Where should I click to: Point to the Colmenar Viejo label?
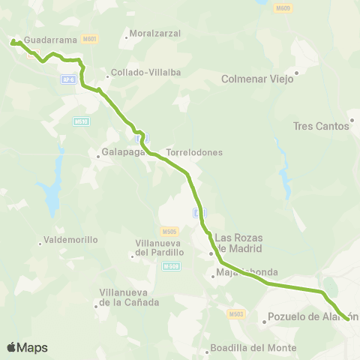click(x=259, y=79)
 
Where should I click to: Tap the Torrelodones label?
click(x=194, y=152)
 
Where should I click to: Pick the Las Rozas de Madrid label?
click(x=238, y=243)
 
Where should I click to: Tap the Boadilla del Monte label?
click(x=255, y=348)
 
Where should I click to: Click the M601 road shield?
click(x=90, y=37)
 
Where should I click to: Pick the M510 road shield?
click(x=81, y=121)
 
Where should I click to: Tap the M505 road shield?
click(x=169, y=231)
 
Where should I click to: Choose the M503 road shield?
click(x=236, y=314)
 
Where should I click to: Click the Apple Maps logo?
click(x=27, y=347)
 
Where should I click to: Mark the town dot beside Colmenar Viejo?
click(x=297, y=73)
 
